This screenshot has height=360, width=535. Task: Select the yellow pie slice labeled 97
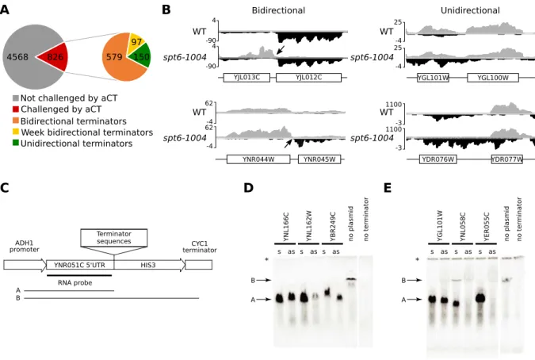[x=136, y=42]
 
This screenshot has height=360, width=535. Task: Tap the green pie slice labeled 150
[x=141, y=56]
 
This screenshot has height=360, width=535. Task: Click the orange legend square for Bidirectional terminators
[x=16, y=121]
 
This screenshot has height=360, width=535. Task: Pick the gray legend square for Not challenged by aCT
[x=16, y=98]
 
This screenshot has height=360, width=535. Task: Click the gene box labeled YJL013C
[x=246, y=78]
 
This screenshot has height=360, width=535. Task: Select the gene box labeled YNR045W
[x=319, y=159]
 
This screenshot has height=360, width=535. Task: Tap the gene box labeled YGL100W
[x=493, y=78]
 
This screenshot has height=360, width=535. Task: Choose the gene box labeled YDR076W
[x=438, y=159]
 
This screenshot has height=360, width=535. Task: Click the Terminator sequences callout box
[x=114, y=238]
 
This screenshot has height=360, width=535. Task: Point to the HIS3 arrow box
[x=150, y=265]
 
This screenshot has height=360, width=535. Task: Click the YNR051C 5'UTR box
[x=80, y=265]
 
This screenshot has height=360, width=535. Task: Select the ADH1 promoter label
[x=25, y=247]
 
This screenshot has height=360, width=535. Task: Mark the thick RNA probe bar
[x=79, y=275]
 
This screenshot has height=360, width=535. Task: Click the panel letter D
[x=248, y=188]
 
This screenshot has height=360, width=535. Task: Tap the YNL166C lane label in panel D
[x=286, y=227]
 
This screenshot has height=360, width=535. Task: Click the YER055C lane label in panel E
[x=487, y=227]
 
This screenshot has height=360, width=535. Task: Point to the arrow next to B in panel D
[x=264, y=280]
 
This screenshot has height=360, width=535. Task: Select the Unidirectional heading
[x=470, y=10]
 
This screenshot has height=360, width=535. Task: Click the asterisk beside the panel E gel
[x=417, y=260]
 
